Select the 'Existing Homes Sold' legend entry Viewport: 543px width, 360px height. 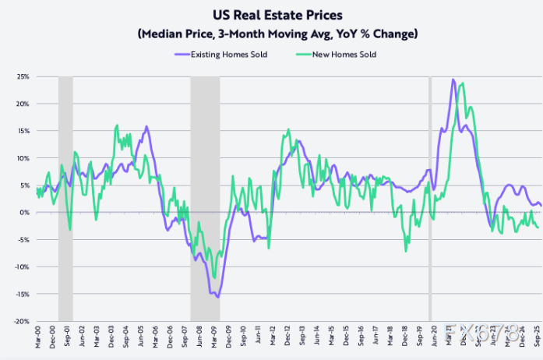click(x=226, y=55)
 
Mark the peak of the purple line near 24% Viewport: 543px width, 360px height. click(x=453, y=79)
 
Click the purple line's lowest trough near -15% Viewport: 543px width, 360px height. click(x=217, y=297)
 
